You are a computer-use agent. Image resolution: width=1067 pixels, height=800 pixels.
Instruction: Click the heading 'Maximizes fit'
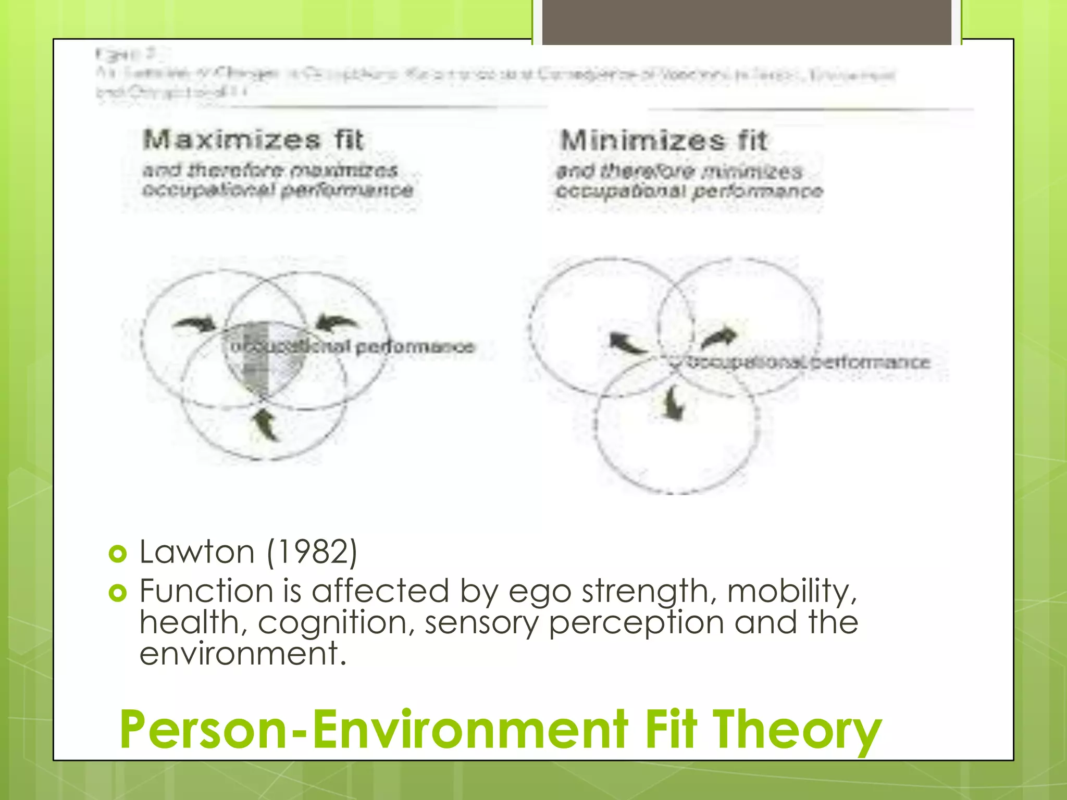[253, 140]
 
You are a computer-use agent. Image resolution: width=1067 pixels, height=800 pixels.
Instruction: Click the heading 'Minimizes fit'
[664, 141]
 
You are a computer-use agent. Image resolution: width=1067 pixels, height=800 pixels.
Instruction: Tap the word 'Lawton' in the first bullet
[197, 552]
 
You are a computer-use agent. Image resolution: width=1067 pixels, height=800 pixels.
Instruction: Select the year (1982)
[312, 552]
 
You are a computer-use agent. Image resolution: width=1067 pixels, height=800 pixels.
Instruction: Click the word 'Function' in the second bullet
[206, 591]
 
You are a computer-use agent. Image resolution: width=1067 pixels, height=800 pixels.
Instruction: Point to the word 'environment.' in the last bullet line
[243, 654]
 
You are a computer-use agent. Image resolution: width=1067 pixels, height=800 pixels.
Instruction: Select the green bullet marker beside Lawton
[118, 554]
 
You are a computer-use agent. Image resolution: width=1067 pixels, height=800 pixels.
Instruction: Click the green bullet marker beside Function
[118, 593]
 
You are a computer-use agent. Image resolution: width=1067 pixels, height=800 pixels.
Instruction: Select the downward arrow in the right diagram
[674, 404]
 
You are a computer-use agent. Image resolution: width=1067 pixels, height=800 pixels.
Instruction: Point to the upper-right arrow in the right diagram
[719, 339]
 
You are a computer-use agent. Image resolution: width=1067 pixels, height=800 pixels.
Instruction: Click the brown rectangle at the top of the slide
[747, 22]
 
